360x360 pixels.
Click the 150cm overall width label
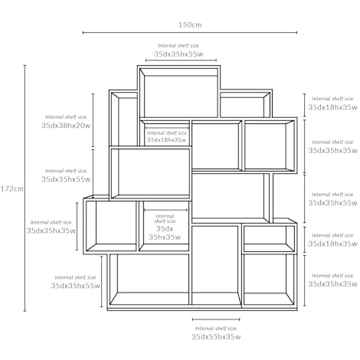coord(190,25)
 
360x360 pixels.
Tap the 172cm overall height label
coord(11,188)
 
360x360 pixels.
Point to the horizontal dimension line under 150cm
coord(190,32)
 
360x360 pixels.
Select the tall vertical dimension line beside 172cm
coord(25,188)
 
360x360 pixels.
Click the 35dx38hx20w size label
coord(66,126)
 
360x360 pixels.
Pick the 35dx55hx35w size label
coord(216,337)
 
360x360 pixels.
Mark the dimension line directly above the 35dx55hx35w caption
coord(216,319)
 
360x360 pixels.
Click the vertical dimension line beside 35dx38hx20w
coord(93,120)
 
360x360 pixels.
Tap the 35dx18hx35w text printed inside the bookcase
coord(166,139)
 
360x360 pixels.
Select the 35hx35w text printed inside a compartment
coord(165,237)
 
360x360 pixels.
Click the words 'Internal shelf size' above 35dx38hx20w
coord(66,117)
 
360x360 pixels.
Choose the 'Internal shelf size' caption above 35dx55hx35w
coord(216,329)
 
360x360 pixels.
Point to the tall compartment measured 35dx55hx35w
coord(216,265)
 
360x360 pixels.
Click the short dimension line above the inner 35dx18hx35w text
coord(167,128)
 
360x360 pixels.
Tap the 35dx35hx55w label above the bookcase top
coord(178,54)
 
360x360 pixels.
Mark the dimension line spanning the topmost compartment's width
coord(181,61)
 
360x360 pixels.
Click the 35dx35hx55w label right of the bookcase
coord(332,203)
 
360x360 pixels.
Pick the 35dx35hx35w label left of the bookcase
coord(51,231)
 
